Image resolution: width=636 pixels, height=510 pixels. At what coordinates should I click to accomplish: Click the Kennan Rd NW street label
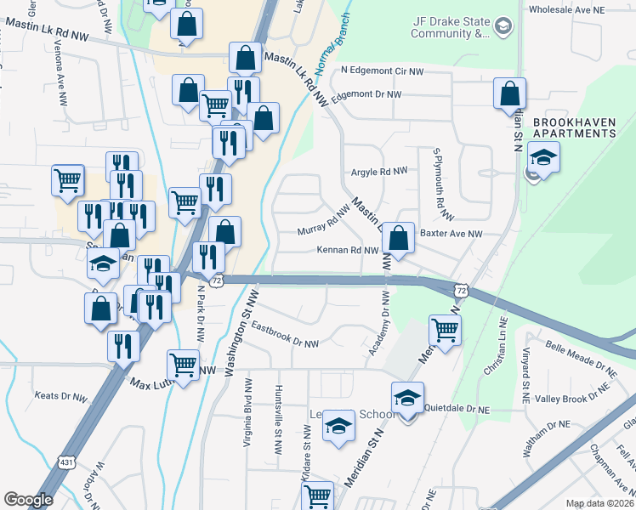(x=347, y=251)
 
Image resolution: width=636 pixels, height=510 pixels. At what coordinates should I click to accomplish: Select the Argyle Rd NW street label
(x=379, y=171)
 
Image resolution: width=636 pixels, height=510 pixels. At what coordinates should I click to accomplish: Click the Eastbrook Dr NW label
(x=285, y=335)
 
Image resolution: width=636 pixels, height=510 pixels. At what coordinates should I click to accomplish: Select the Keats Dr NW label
(x=60, y=397)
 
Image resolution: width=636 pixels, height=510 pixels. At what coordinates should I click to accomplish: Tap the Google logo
(x=28, y=499)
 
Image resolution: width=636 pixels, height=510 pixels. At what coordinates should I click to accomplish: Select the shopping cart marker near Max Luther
(x=184, y=365)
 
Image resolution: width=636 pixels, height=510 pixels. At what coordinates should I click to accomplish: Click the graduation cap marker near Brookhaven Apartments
(x=542, y=157)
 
